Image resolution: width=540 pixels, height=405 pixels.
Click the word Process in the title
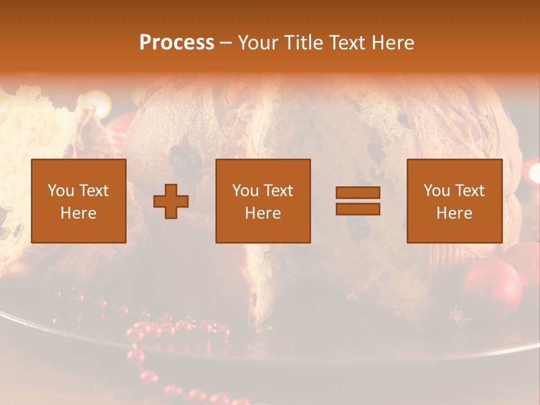click(177, 43)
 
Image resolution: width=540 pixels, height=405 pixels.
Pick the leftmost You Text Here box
click(78, 201)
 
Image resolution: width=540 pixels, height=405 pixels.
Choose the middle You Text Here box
click(263, 201)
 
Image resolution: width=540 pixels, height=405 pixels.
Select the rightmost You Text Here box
click(454, 201)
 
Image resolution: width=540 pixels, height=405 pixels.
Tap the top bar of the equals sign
click(358, 192)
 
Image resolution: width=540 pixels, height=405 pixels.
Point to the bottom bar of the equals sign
click(358, 209)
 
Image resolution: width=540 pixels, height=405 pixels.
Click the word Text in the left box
click(93, 191)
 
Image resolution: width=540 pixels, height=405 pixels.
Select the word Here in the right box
click(454, 213)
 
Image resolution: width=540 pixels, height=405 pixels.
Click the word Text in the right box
click(470, 191)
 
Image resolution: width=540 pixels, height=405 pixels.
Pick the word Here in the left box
click(78, 213)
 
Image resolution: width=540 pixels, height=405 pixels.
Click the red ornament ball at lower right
click(492, 285)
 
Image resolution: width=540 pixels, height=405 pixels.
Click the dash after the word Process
click(226, 43)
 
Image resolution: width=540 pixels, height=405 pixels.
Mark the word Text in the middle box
click(278, 191)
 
